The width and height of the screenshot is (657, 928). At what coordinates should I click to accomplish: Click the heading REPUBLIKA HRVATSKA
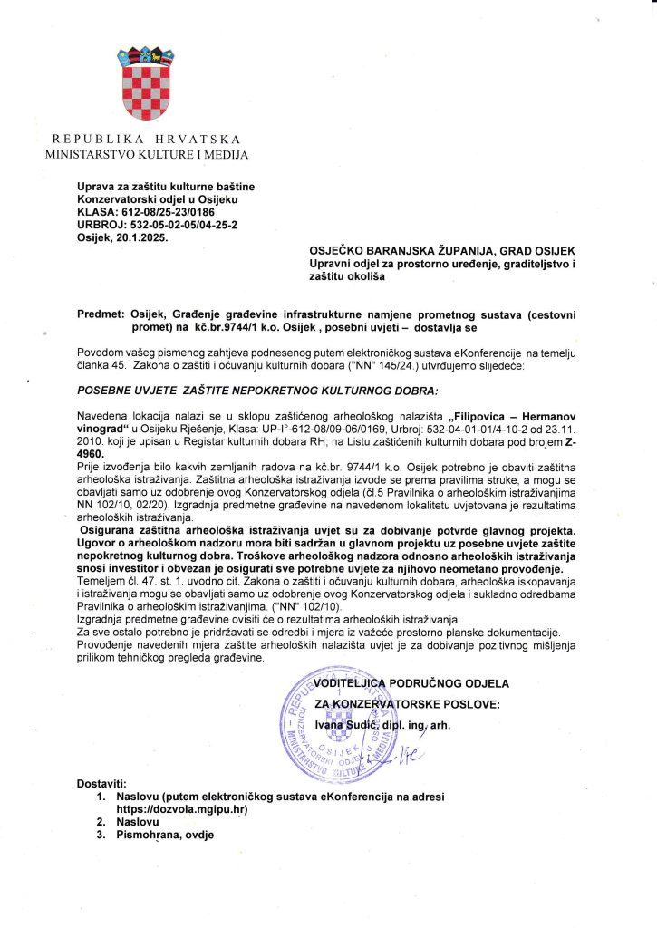[146, 140]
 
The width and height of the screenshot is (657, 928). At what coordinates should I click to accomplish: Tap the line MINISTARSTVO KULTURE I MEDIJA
[146, 155]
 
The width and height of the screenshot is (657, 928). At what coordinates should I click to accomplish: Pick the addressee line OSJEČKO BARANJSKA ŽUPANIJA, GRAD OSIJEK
[442, 250]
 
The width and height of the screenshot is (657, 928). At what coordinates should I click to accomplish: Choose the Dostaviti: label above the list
[101, 783]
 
